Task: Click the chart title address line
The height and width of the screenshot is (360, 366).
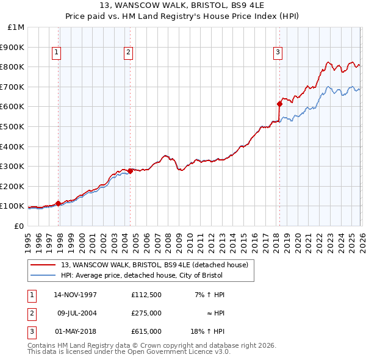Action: (182, 5)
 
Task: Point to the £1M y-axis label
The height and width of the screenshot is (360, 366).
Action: (15, 27)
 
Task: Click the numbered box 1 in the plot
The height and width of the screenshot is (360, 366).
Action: (56, 53)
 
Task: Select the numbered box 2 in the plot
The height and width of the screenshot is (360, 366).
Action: (129, 53)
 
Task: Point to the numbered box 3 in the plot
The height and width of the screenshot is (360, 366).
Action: (278, 53)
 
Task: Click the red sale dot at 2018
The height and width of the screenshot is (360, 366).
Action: (279, 103)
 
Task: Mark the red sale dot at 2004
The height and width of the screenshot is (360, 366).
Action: (130, 171)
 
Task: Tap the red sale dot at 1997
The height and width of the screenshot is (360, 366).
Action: (59, 203)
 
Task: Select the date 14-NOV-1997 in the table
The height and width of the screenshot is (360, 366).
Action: (75, 295)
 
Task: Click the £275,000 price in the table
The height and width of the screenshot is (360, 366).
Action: (146, 313)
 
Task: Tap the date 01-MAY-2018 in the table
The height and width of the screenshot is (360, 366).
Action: (75, 331)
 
